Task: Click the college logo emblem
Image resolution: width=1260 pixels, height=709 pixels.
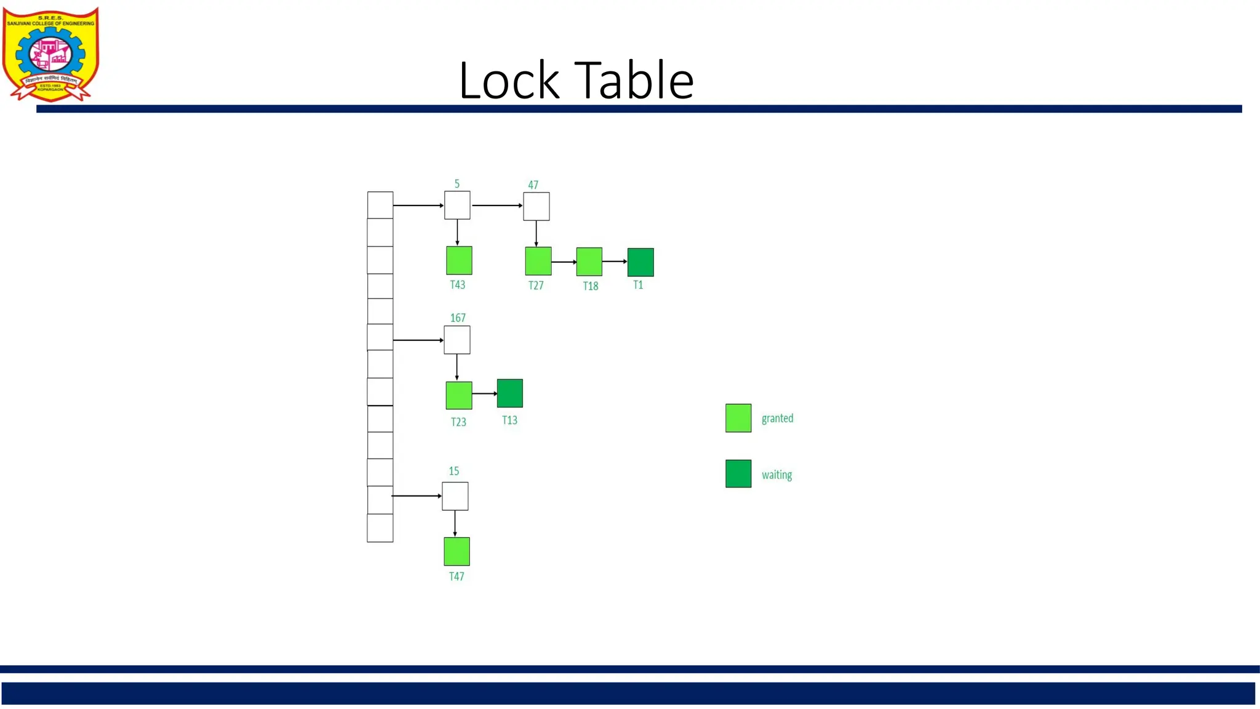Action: coord(50,54)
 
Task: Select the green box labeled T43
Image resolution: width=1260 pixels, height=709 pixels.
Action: coord(459,260)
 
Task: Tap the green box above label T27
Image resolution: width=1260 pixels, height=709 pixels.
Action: coord(538,261)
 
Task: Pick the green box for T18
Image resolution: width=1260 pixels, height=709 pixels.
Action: coord(589,262)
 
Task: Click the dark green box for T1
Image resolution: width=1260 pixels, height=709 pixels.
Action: coord(640,262)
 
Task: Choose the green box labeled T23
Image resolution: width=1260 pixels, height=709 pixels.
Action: coord(459,395)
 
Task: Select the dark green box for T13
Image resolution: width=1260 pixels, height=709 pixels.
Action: coord(510,393)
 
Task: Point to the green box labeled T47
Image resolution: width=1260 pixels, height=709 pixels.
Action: coord(457,551)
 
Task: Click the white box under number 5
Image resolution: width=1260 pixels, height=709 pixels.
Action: coord(457,206)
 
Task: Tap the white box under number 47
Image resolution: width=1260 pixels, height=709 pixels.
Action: coord(536,206)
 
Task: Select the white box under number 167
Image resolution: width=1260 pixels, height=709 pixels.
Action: coord(457,340)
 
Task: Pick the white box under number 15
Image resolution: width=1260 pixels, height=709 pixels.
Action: coord(455,496)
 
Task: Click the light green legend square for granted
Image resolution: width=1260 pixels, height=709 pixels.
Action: coord(738,418)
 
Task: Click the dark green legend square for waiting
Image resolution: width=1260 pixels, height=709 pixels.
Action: coord(738,474)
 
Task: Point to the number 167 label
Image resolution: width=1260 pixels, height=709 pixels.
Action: coord(458,318)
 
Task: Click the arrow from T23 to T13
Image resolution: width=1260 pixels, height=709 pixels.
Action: coord(485,393)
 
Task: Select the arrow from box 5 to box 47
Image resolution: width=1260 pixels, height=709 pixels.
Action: coord(496,206)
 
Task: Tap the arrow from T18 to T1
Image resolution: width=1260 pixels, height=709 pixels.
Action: coord(615,262)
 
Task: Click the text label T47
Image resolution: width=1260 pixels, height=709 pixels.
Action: coord(457,577)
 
